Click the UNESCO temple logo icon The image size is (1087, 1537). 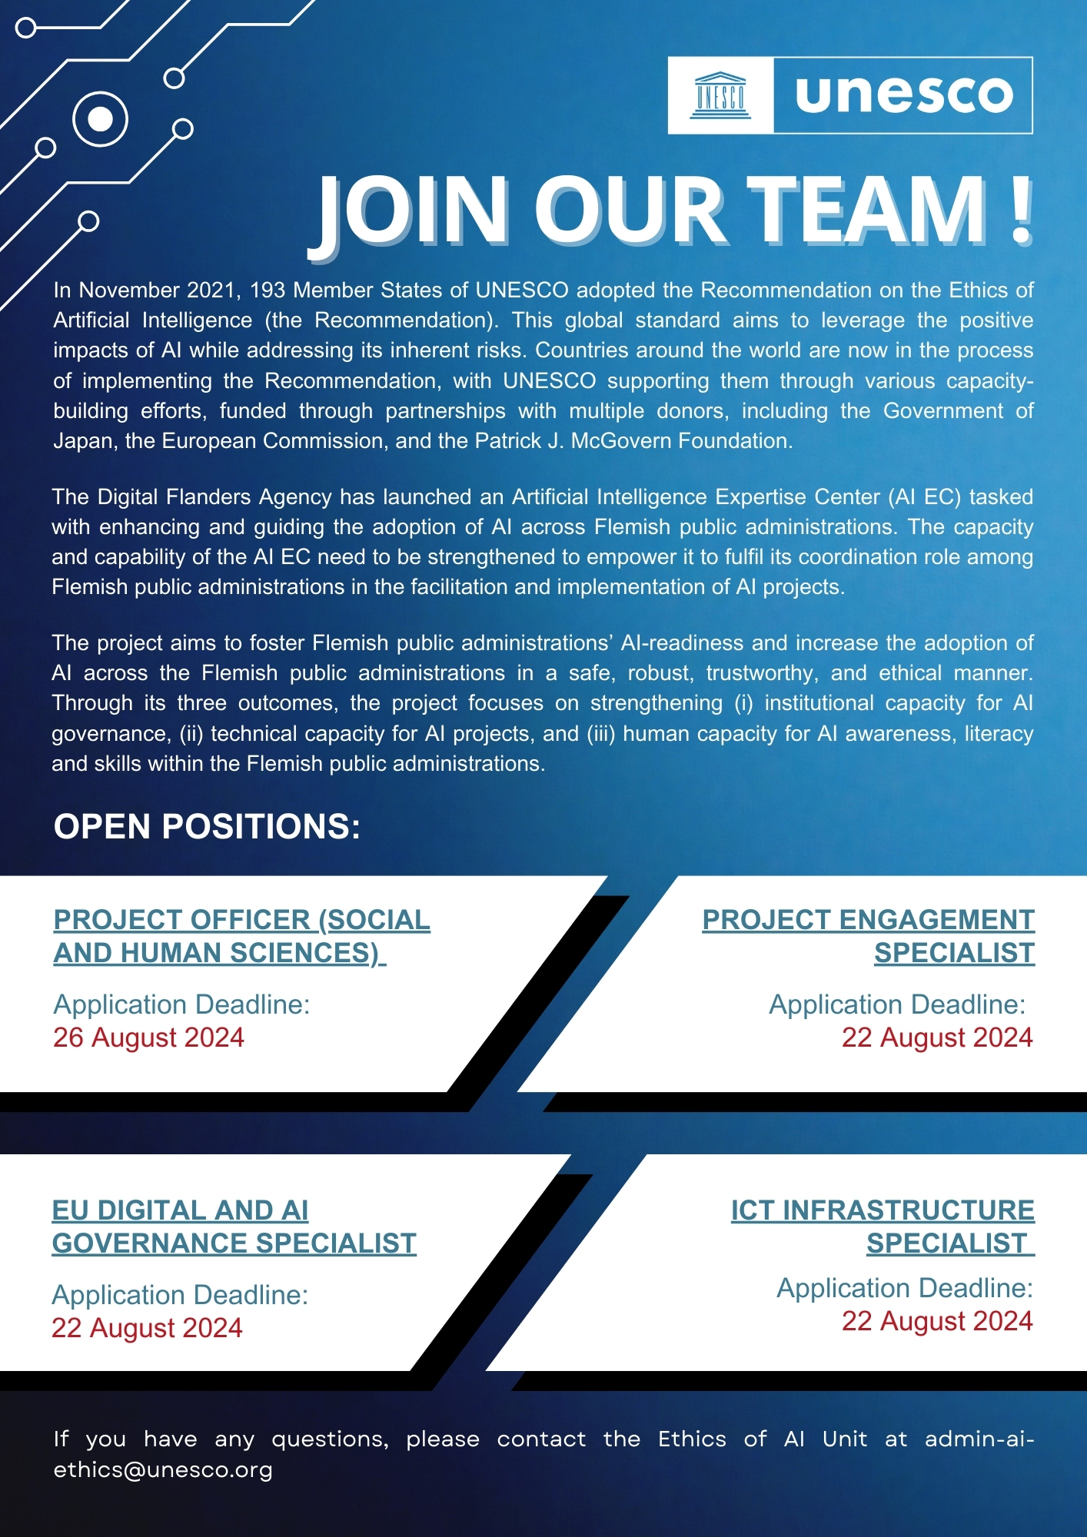point(720,95)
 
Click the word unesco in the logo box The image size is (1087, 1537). point(903,95)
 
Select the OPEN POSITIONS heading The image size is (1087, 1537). point(207,827)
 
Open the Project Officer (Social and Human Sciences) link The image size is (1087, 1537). point(241,936)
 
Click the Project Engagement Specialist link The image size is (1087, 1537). point(868,936)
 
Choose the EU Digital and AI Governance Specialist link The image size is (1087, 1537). point(234,1227)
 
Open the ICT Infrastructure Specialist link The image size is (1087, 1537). point(882,1227)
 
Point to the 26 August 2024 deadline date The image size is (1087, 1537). point(148,1037)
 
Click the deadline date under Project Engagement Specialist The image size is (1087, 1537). point(936,1037)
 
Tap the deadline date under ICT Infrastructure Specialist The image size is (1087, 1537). point(936,1321)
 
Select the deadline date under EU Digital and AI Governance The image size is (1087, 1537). point(147,1328)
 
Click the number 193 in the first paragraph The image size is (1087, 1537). point(267,290)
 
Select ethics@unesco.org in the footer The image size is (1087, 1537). point(163,1469)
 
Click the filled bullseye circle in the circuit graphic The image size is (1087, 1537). point(100,119)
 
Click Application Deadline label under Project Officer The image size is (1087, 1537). point(181,1004)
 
